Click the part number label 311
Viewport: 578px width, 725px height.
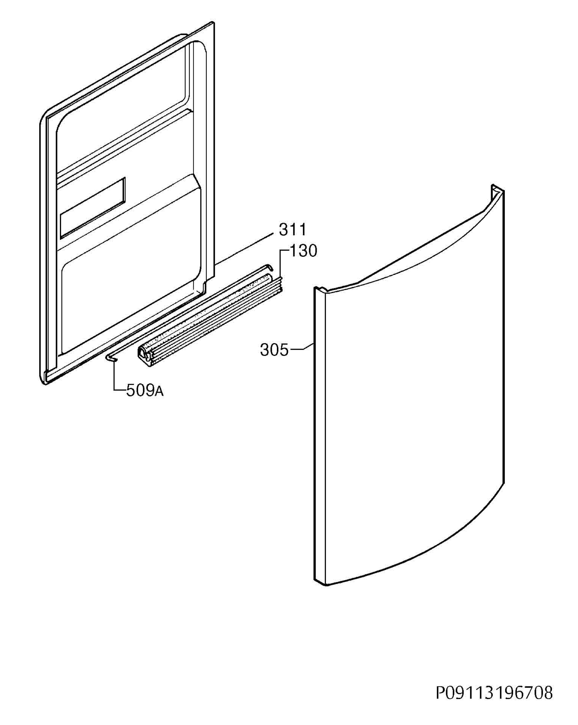coord(292,230)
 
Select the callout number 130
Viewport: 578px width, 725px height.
coord(303,250)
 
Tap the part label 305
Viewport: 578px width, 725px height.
coord(274,350)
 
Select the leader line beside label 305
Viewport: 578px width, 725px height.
coord(302,347)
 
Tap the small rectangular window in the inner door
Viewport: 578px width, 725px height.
coord(93,208)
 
